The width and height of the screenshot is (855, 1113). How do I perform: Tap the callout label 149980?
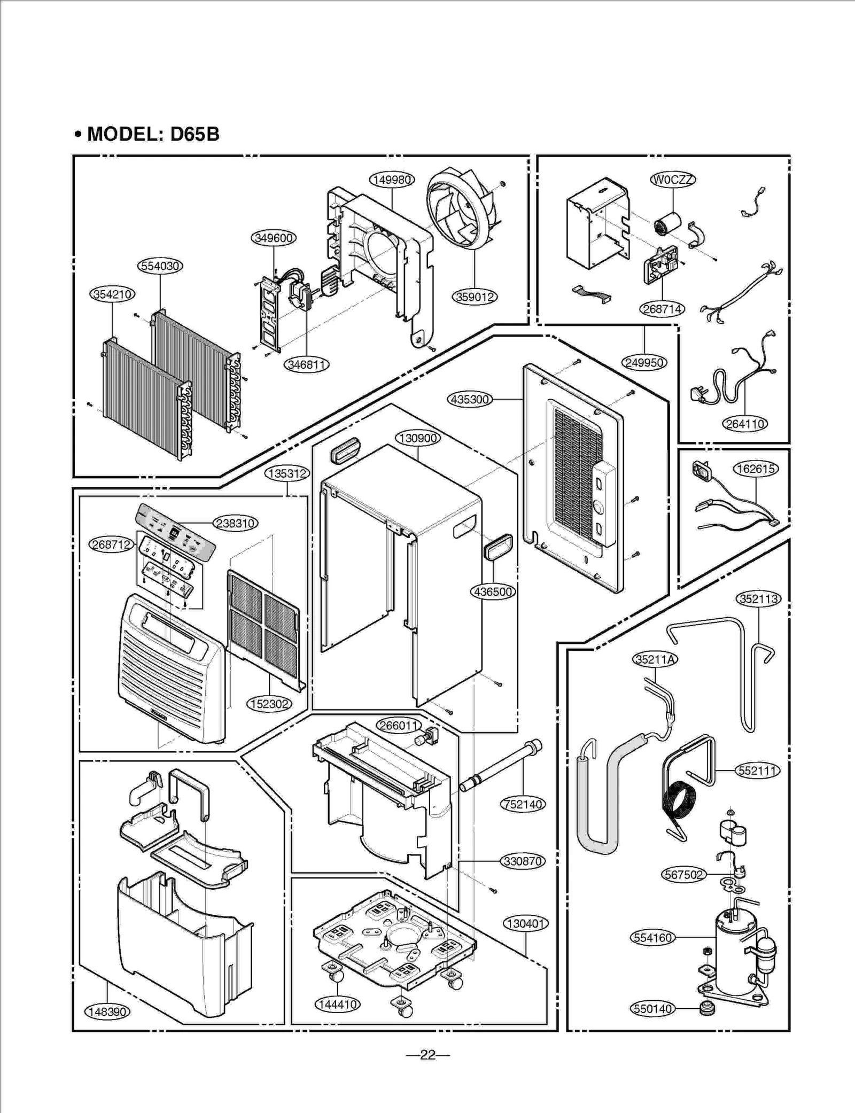pos(392,180)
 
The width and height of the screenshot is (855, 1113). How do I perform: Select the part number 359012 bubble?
pos(475,297)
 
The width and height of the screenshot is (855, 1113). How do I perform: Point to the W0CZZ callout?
pos(673,180)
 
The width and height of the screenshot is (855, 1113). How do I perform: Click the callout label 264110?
pos(745,424)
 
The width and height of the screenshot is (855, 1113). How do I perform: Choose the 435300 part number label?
pos(469,399)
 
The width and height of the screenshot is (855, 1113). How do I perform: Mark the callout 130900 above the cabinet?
pos(418,438)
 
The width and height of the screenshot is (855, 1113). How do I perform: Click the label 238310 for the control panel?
pos(236,523)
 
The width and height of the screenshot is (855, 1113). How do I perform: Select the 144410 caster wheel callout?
pos(337,1004)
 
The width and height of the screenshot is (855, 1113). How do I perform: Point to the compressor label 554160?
pos(653,937)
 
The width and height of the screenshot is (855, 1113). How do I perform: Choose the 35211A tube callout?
pos(655,659)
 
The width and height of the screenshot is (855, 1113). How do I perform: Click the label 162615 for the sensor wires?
pos(756,469)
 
